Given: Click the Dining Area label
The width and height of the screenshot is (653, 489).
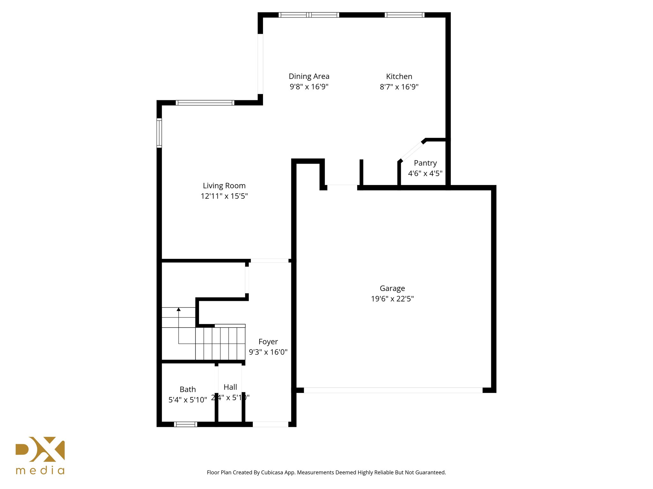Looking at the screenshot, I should tap(309, 76).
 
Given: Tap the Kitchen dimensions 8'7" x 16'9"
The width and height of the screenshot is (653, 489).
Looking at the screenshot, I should tap(399, 87).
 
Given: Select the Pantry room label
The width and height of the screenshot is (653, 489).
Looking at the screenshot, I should tap(425, 163).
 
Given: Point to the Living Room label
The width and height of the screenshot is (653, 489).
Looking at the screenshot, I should tap(224, 186).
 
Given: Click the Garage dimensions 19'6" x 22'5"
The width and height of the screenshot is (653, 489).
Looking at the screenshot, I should tap(392, 299).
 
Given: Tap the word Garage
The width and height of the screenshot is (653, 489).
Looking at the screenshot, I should tap(392, 288).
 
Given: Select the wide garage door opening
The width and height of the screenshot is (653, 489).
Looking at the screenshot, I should tap(393, 390).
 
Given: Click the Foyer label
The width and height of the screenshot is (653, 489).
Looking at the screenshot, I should tap(268, 342).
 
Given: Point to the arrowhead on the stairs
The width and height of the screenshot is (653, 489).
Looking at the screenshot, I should tap(179, 309).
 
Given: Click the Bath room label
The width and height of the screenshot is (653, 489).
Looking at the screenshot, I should tap(187, 389).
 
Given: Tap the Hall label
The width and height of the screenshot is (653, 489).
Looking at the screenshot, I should tap(230, 387).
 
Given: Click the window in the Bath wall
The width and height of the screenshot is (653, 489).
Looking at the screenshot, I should tap(186, 424).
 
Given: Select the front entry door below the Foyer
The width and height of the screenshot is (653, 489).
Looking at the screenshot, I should tap(270, 424).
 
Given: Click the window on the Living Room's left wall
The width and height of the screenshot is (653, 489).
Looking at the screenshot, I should tap(159, 133).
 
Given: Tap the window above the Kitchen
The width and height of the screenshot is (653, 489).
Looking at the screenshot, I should tap(404, 15).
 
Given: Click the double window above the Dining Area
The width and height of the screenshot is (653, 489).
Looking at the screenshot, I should tap(309, 15).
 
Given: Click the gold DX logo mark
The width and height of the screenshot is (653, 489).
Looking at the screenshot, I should tap(40, 449).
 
